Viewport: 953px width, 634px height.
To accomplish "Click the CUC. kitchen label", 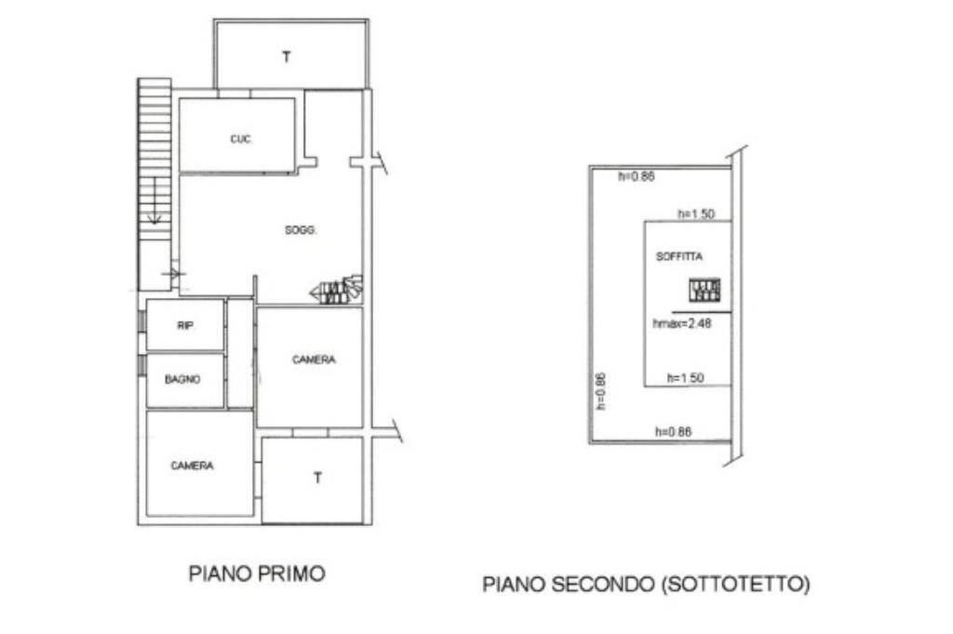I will coord(242,140).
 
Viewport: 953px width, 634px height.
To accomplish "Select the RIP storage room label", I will coord(185,326).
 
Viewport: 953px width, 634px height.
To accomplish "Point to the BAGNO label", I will coord(182,380).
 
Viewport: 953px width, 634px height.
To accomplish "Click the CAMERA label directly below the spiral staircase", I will coord(314,359).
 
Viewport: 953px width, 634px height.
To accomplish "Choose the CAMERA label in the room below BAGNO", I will coord(192,465).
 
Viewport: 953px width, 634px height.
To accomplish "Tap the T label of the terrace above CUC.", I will coord(287,57).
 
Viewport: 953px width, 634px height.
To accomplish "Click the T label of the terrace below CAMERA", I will coord(317,479).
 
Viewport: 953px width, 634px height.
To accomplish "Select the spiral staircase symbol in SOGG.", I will coord(337,290).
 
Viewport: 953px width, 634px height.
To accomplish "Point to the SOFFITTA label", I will coord(679,256).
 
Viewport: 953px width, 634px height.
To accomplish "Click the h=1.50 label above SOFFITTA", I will coord(695,214).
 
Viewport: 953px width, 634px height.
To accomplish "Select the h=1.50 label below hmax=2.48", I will coord(685,377).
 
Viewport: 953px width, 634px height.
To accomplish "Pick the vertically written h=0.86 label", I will coord(600,391).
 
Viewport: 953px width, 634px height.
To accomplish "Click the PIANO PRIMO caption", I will coord(257,573).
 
